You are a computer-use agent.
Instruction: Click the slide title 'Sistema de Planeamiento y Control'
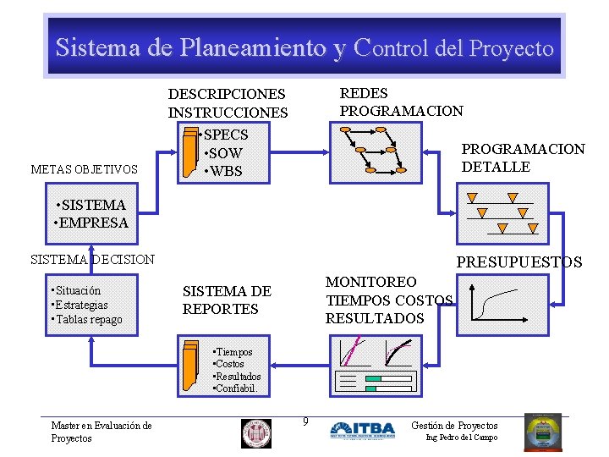pos(304,47)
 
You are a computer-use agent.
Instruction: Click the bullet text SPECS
pos(226,135)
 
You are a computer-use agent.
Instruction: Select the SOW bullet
pos(224,153)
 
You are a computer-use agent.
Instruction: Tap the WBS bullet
pos(224,171)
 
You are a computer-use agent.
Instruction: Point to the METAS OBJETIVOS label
pos(84,170)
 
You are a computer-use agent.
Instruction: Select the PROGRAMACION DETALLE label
pos(522,158)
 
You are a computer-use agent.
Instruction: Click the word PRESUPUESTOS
pos(519,262)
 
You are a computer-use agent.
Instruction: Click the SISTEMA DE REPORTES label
pos(227,300)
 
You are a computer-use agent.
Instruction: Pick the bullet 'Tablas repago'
pos(88,320)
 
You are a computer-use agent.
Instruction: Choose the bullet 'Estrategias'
pos(81,305)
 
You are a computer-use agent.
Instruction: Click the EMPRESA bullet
pos(92,223)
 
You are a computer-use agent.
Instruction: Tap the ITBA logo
pos(362,431)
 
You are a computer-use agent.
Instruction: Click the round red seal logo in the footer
pos(256,433)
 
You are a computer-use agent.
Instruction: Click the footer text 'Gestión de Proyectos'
pos(454,425)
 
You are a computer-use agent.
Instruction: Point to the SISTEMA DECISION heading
pos(92,259)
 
